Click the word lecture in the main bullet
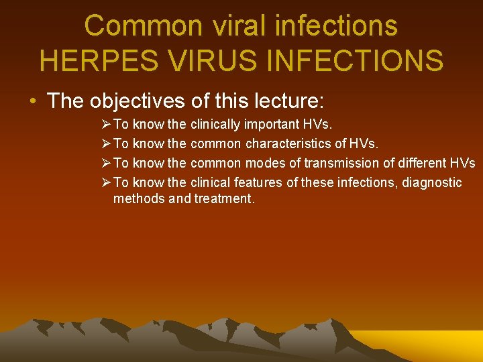(289, 101)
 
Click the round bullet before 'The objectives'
(32, 102)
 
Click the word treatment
(224, 198)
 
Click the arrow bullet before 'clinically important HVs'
(105, 125)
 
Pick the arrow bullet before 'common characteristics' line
(105, 143)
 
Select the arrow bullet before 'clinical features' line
(105, 182)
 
